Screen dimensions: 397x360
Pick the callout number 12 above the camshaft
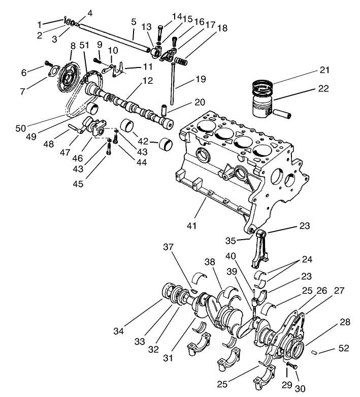click(147, 80)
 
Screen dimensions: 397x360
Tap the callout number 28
click(345, 323)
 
